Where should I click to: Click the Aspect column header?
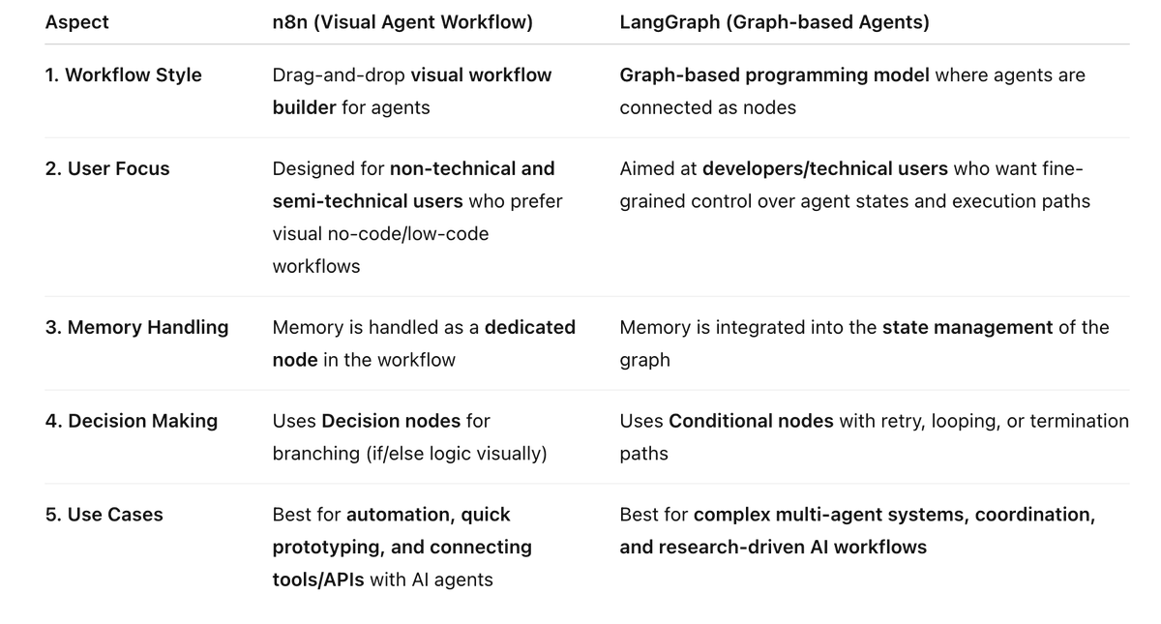(76, 22)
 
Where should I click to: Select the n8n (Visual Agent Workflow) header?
(402, 22)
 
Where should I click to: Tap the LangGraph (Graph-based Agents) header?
(774, 22)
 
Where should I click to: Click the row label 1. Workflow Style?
(123, 74)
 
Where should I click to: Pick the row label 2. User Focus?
(106, 168)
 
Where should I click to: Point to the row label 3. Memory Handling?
(136, 327)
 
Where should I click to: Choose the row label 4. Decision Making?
(131, 421)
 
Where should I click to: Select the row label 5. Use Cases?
(104, 515)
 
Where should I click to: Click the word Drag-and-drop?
(339, 74)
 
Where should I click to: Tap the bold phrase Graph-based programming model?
(775, 74)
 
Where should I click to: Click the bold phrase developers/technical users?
(824, 168)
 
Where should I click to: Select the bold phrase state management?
(967, 327)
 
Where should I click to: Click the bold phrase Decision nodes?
(390, 421)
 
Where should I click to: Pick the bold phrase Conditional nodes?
(751, 421)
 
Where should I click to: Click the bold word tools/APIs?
(318, 579)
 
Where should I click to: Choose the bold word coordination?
(1034, 515)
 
